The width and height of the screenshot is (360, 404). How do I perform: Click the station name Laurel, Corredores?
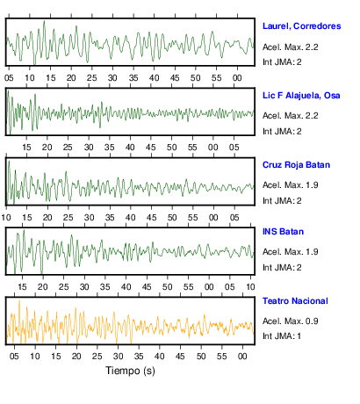301,26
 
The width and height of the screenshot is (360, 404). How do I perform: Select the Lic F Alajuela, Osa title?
301,96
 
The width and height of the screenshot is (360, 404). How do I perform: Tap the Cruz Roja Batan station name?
296,165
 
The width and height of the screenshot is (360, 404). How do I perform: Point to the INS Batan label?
283,232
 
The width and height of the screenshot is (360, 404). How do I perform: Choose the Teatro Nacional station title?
295,301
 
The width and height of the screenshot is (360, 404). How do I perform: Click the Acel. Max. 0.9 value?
290,321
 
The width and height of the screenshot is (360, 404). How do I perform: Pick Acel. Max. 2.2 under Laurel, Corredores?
290,47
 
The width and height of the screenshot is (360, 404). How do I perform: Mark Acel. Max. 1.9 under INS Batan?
290,252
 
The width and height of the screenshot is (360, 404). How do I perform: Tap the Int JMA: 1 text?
282,335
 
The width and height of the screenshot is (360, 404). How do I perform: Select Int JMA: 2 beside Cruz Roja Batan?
282,201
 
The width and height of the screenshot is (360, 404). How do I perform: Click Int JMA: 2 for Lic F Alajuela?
282,132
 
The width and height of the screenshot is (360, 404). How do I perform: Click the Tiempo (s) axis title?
130,371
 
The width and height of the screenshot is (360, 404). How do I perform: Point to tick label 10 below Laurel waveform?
30,78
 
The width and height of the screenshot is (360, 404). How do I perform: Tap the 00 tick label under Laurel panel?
237,78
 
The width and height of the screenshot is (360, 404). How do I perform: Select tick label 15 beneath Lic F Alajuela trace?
26,148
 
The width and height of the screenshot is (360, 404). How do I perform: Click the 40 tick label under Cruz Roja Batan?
131,218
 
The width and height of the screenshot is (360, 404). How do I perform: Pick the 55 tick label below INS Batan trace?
188,287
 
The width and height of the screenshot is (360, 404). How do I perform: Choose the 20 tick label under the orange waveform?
76,357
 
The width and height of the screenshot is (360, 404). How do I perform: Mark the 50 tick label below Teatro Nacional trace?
201,357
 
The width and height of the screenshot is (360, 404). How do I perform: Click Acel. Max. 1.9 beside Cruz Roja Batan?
290,185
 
